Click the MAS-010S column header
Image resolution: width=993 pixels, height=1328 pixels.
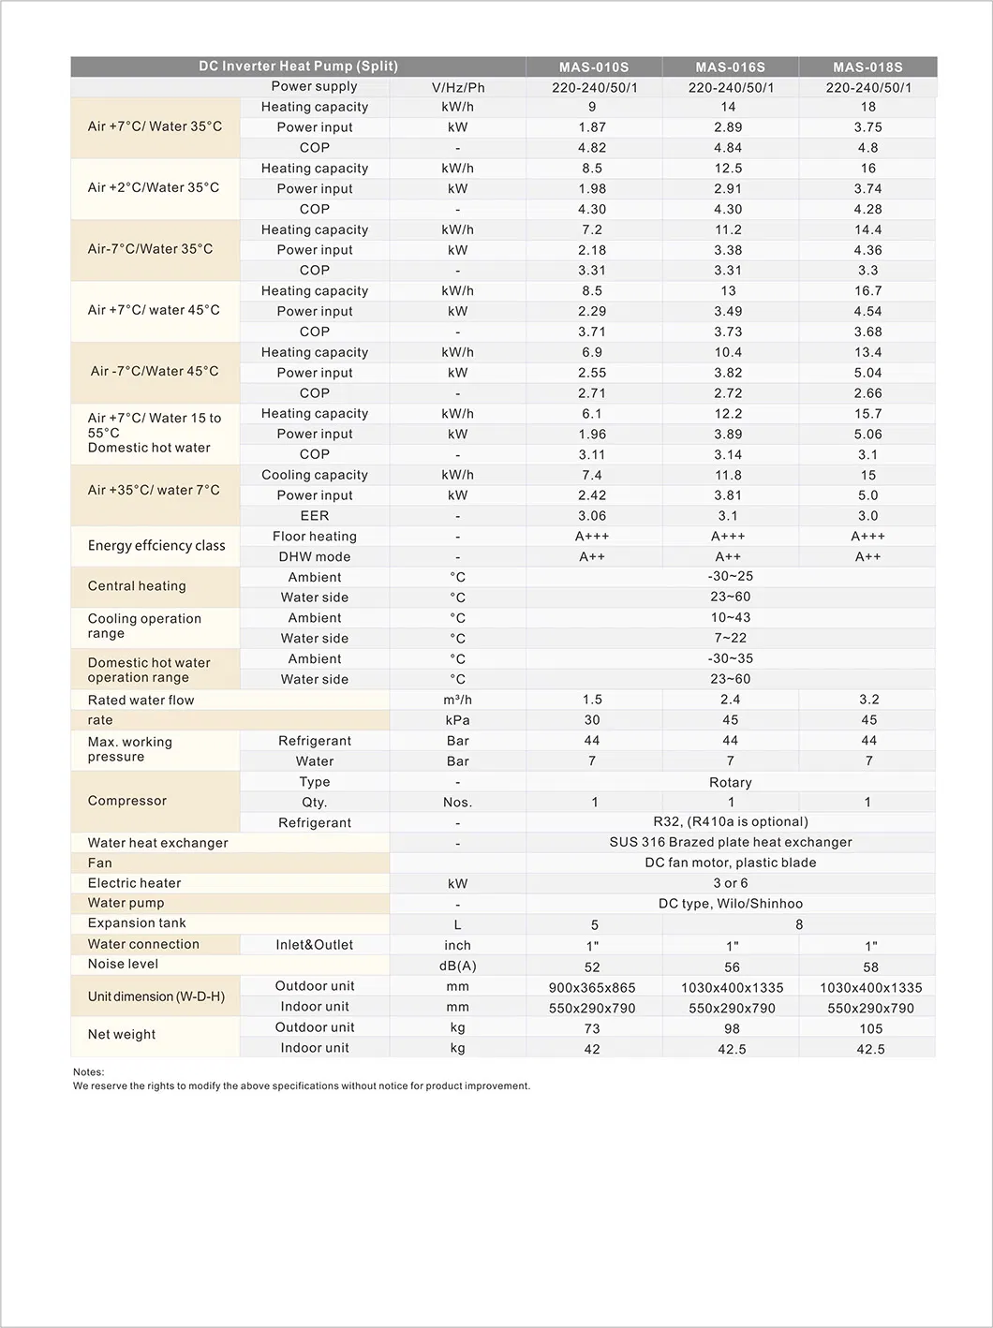(594, 67)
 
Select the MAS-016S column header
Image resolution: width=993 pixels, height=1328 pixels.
(730, 67)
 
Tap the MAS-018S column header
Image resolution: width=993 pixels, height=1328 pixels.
(867, 67)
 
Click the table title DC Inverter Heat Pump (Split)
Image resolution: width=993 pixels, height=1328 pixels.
(298, 66)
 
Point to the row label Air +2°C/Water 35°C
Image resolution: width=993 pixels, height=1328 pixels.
(154, 187)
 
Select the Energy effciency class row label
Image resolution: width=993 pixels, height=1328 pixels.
(156, 546)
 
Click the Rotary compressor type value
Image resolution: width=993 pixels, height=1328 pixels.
(730, 782)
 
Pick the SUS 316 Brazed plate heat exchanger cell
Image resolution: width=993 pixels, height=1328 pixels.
(730, 842)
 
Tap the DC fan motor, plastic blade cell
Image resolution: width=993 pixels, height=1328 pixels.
(730, 863)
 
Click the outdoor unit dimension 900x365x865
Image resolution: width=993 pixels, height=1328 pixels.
(592, 987)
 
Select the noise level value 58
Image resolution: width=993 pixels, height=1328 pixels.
(870, 966)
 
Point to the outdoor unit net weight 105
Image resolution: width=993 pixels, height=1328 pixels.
(870, 1028)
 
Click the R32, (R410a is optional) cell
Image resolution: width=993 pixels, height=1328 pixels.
(730, 821)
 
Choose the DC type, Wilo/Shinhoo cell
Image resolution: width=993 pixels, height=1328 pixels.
(730, 904)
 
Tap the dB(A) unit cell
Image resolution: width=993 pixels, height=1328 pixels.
(457, 966)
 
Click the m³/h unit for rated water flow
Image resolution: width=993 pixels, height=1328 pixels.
(457, 700)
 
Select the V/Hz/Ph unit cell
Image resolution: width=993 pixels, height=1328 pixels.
(457, 88)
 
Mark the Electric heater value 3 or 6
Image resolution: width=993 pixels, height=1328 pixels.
(730, 883)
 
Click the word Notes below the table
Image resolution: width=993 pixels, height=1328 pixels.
(89, 1072)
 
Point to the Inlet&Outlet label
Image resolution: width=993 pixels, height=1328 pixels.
(314, 945)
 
